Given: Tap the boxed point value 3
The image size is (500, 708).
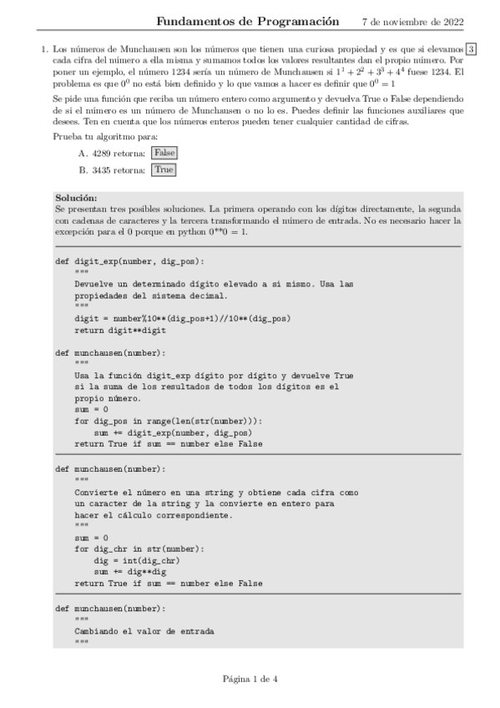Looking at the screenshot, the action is pos(472,50).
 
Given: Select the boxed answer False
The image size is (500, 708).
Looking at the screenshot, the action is pos(164,154).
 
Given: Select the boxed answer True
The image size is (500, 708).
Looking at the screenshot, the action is pos(164,169).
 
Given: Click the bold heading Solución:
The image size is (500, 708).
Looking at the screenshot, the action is pos(75,198).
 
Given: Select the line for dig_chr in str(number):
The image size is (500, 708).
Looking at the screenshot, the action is pos(139,549).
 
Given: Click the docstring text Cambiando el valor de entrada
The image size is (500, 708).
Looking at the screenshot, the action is pos(144,631).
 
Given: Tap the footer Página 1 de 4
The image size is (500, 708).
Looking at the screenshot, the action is pos(250,678).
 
